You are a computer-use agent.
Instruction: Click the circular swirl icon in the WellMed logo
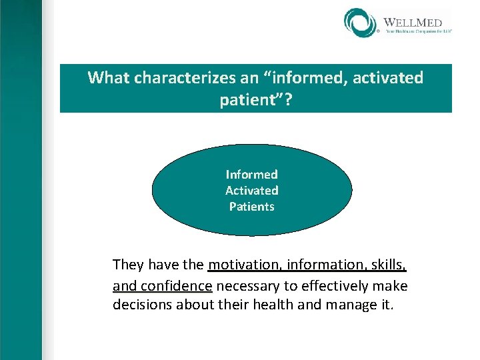pos(361,23)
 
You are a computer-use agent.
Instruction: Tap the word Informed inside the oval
pos(251,175)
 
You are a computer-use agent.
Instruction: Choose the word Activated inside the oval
pos(251,191)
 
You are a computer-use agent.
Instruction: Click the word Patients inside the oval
pos(251,207)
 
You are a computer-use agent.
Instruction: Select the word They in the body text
pos(128,265)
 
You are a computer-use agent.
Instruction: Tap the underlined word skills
pos(389,265)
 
